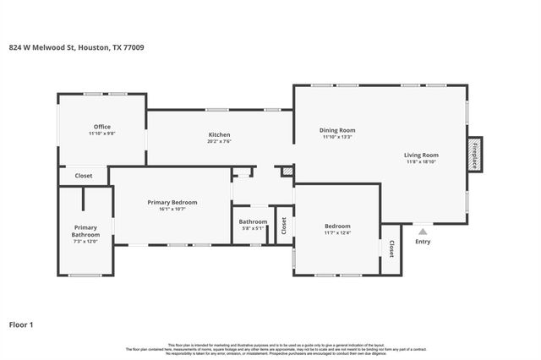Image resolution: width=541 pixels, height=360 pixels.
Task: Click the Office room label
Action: (102, 127)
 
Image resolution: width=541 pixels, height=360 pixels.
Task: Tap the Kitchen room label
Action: (220, 134)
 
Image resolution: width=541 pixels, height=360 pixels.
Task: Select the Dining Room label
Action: (337, 130)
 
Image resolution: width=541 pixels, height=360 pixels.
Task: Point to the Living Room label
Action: (421, 155)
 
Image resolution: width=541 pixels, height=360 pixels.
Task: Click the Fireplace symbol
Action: (475, 155)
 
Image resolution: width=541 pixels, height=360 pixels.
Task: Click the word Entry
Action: (422, 243)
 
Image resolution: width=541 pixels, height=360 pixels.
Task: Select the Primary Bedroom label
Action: (172, 202)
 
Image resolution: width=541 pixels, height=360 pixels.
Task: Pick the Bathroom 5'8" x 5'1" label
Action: (253, 221)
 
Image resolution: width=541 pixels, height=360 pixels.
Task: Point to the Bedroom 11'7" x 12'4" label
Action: (338, 226)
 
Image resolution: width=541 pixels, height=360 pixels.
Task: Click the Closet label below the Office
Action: (84, 176)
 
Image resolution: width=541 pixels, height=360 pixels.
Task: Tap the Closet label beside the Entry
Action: (391, 248)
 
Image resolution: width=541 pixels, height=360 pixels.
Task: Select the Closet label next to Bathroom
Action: (284, 226)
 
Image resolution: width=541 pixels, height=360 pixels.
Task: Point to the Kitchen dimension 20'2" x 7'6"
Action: (220, 141)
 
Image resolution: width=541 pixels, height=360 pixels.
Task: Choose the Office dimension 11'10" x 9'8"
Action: (102, 134)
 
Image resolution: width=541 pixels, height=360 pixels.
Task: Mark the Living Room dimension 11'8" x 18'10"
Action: (421, 161)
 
